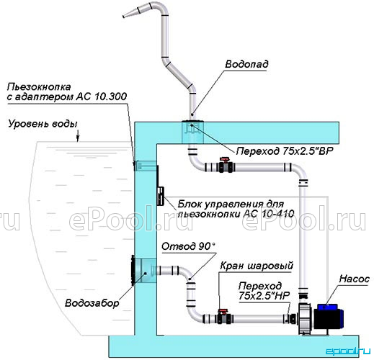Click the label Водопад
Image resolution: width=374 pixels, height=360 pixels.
246,64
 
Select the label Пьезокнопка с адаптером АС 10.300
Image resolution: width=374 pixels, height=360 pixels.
67,91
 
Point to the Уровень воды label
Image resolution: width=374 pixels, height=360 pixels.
43,125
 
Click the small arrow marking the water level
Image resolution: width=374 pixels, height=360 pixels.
78,137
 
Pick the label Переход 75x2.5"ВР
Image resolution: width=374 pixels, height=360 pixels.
285,151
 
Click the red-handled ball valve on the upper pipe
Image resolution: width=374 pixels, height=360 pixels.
225,165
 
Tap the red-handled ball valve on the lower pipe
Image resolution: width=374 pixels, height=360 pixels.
223,317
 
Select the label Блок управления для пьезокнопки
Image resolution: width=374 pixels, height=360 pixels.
236,209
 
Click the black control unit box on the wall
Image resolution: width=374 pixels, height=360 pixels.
160,196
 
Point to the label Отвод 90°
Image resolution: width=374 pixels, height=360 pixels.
188,246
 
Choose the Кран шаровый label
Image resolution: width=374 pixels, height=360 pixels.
257,266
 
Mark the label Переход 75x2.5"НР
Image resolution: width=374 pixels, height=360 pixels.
264,291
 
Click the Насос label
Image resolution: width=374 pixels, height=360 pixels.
355,279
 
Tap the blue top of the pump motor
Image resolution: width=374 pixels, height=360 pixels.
327,307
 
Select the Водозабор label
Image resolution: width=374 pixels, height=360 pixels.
92,303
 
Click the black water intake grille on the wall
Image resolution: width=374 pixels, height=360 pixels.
133,271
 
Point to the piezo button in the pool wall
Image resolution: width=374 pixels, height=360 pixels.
135,166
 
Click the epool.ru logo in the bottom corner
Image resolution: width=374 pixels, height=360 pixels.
348,351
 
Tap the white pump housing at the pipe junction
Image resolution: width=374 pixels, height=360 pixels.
305,319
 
